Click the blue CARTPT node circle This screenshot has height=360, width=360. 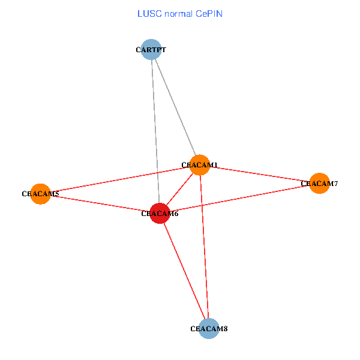151,49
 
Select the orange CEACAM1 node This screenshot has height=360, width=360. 199,164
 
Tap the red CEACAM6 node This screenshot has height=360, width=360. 160,213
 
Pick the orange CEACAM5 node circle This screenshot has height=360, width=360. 40,194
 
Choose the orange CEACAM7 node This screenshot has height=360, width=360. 319,183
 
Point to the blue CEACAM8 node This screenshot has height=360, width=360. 208,328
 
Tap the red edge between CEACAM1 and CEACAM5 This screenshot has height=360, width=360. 120,179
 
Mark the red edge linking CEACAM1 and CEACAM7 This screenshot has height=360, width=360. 259,174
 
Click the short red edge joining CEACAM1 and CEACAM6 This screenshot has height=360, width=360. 179,189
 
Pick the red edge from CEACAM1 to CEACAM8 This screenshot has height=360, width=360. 204,246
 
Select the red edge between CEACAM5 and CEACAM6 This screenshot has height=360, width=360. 100,203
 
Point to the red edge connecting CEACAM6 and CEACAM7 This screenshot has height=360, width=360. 239,198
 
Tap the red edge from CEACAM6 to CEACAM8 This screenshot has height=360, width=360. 184,271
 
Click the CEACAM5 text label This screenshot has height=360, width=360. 40,194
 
